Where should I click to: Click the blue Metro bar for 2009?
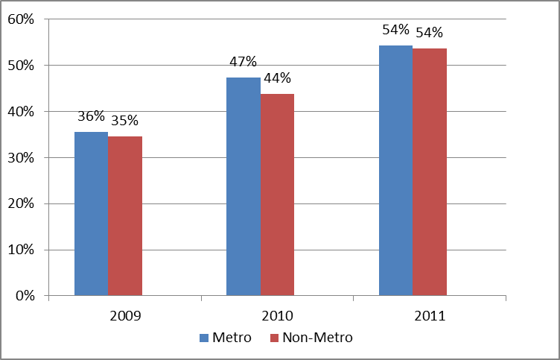click(91, 214)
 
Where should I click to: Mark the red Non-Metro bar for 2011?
click(430, 172)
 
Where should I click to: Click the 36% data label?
click(91, 117)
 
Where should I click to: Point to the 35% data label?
click(124, 120)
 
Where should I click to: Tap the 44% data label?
click(277, 78)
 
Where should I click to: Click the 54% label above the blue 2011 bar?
click(395, 30)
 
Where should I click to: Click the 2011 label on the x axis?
click(430, 315)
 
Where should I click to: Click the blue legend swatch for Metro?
click(205, 338)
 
